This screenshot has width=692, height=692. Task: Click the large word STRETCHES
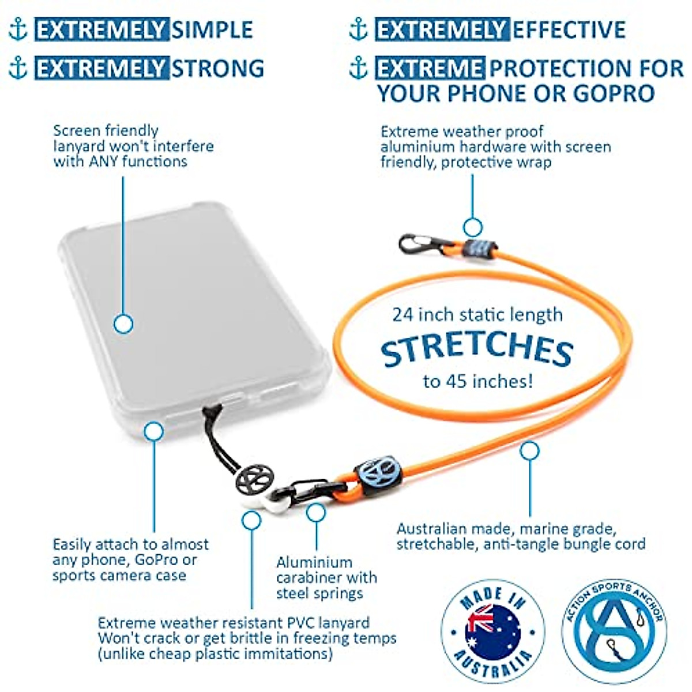coord(477,349)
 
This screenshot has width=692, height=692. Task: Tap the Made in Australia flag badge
coord(493,631)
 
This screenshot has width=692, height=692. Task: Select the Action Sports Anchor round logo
coord(614,631)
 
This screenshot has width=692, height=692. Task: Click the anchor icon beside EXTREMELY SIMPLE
coord(18,29)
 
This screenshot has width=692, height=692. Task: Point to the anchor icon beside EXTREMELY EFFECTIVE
coord(358,29)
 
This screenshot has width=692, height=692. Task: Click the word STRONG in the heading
coord(218,68)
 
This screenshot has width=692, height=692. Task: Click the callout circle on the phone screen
coord(123,324)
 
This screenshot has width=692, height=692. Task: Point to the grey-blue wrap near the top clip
coord(478,249)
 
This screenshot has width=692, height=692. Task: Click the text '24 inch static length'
coord(477,315)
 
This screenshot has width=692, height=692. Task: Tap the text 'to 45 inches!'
coord(477,381)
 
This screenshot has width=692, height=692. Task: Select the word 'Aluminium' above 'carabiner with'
coord(314,562)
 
